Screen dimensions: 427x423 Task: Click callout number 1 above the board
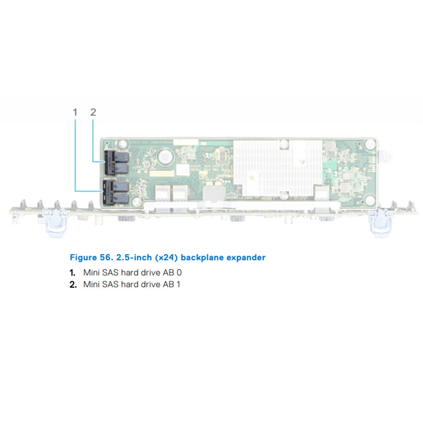75,112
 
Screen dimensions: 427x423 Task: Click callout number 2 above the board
93,112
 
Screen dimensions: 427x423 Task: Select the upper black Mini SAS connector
116,163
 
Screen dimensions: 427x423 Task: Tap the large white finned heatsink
278,167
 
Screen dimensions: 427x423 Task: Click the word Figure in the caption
82,258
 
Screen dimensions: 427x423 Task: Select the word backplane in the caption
201,258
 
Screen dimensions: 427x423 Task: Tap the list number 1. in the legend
72,273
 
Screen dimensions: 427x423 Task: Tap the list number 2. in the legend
73,284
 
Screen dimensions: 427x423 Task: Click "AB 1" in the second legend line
172,284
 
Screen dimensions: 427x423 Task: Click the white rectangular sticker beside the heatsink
182,170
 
